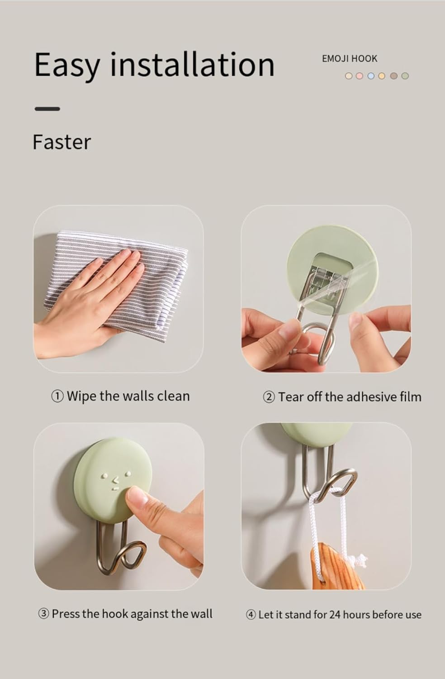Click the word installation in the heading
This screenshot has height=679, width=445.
192,64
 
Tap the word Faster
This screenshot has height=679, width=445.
62,142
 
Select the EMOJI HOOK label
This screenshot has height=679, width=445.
349,58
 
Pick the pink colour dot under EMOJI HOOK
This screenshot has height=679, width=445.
360,76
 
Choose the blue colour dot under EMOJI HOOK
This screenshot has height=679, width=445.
371,76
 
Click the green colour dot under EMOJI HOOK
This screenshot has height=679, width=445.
405,76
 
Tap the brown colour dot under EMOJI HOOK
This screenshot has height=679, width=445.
393,76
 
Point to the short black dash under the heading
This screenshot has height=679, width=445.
47,109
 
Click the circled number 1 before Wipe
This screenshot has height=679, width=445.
57,397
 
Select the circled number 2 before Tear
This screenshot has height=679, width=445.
269,397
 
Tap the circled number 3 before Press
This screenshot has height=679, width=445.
43,614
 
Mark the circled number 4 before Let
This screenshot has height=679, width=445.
251,615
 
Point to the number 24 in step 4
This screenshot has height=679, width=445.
335,615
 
